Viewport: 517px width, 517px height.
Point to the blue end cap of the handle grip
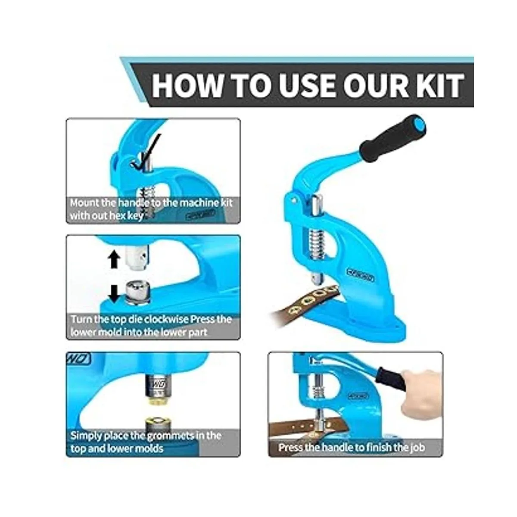416,123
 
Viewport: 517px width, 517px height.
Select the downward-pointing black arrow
115,294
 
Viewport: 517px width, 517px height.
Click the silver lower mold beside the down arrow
137,293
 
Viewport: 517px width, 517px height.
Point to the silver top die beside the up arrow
137,256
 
